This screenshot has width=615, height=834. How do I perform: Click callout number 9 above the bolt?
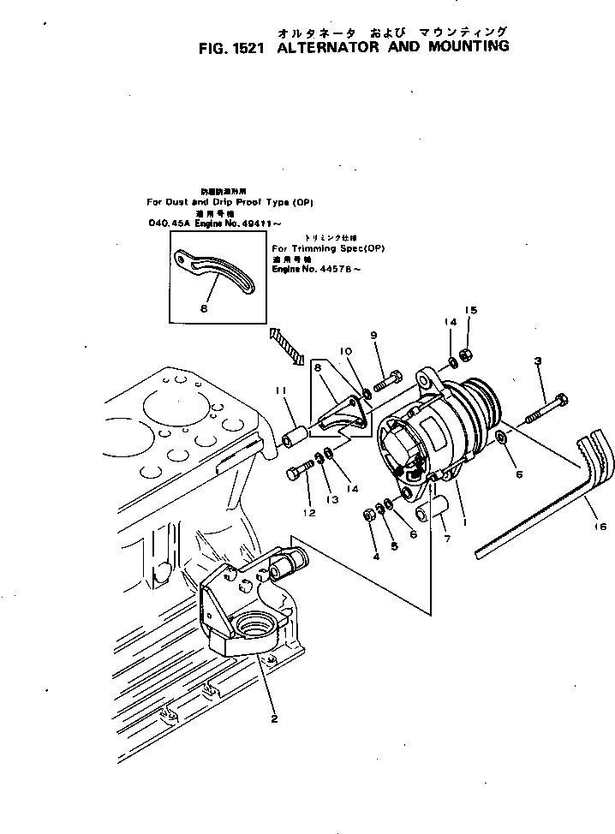373,334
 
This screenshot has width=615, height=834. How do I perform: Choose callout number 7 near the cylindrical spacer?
447,539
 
